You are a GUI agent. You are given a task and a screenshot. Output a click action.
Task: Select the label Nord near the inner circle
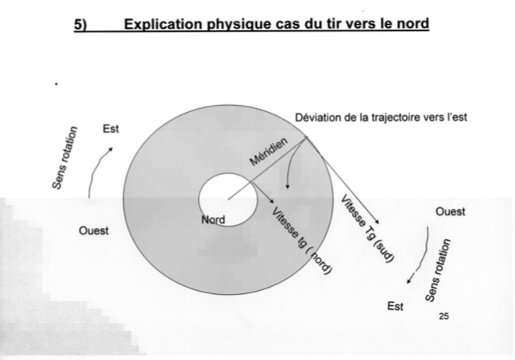coord(213,220)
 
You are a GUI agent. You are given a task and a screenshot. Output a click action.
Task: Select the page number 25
coord(443,317)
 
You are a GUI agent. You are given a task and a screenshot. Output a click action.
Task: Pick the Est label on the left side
coord(110,129)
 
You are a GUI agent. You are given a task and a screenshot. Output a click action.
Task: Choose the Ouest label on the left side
coord(93,230)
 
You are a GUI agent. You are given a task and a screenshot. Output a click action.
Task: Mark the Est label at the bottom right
coord(395,306)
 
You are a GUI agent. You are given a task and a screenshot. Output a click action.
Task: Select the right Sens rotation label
coord(437,270)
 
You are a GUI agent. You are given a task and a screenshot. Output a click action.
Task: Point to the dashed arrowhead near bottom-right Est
coord(409,279)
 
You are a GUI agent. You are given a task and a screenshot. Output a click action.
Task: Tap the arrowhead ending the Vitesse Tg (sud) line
coord(379,223)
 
